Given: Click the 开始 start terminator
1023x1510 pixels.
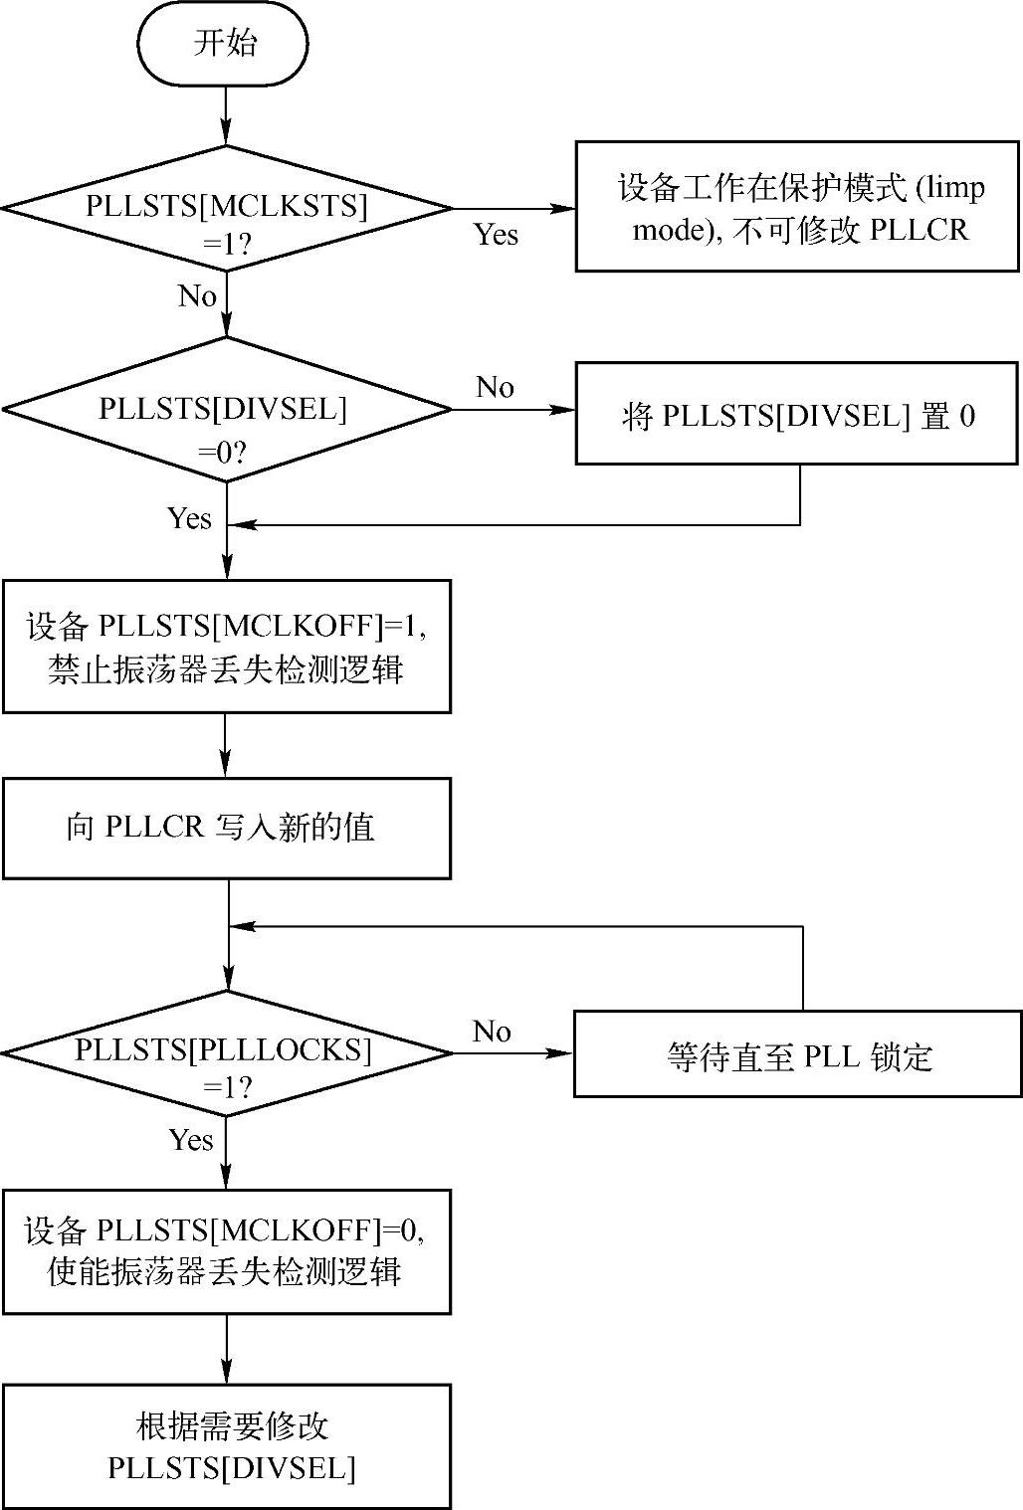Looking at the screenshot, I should point(224,44).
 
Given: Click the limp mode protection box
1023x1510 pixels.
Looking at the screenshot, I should point(797,206).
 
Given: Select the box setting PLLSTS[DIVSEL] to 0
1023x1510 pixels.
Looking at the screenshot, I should point(797,414).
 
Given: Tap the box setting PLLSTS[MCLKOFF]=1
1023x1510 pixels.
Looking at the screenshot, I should point(227,647).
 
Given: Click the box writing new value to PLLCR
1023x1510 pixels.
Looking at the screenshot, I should point(227,828).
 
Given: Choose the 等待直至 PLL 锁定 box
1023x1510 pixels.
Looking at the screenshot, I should point(797,1054).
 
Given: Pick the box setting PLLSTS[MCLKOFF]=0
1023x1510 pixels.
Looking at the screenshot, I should point(227,1250).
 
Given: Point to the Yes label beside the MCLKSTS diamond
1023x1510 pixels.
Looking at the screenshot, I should point(496,235).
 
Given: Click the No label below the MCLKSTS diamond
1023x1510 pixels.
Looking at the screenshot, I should point(197,296).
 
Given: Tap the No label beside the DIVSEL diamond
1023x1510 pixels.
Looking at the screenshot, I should point(495,387).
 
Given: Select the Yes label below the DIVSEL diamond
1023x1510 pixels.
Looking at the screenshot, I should point(189,518).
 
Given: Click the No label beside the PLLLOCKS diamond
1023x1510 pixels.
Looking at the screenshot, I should point(492,1032).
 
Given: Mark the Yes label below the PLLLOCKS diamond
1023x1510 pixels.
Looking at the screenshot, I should point(191,1139).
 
